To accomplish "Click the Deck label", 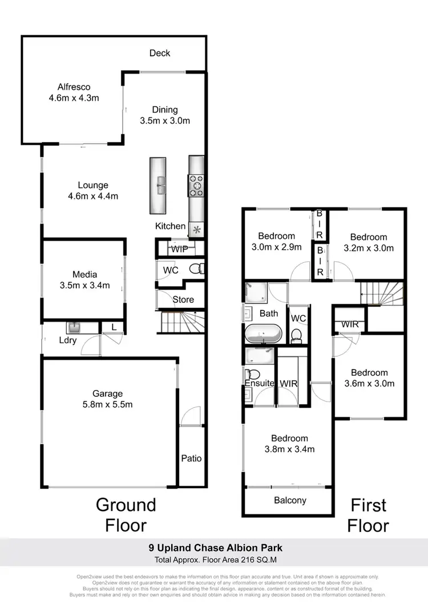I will (x=160, y=53).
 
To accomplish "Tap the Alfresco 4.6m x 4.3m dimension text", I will (x=74, y=98).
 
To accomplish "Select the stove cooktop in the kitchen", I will (x=196, y=185).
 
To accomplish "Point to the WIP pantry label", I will (x=179, y=249).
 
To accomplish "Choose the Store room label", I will (x=183, y=299).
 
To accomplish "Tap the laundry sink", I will (x=75, y=328).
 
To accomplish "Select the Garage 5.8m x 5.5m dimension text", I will (x=108, y=404).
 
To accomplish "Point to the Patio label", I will (x=191, y=458).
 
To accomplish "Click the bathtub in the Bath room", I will (x=263, y=333).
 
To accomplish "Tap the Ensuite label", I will (x=260, y=383).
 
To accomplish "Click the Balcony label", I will (x=289, y=500).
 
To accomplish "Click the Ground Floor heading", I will (x=126, y=514).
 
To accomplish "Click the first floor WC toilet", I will (x=297, y=334).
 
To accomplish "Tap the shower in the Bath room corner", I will (x=255, y=292).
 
